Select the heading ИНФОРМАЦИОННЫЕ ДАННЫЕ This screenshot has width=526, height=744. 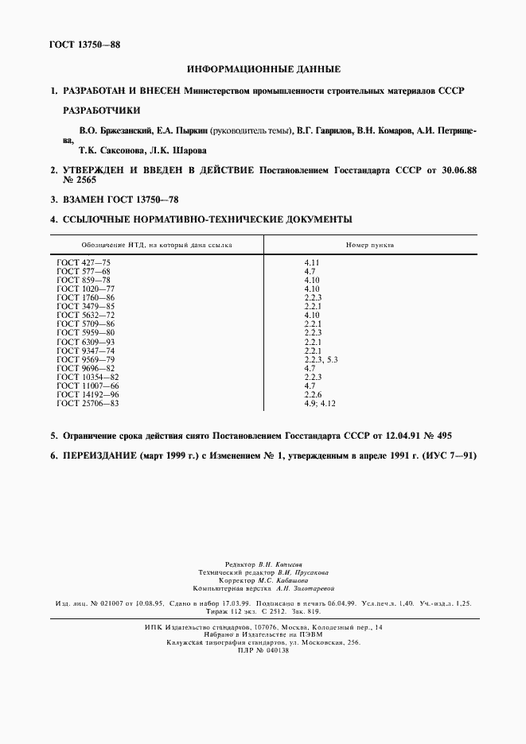coord(263,70)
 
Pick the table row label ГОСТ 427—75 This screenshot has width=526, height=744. coord(82,262)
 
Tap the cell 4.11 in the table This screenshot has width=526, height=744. coord(312,262)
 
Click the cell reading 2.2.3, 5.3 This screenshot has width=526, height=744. coord(321,359)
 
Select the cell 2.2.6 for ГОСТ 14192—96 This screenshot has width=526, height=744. coord(312,394)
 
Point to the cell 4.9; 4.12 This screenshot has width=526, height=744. coord(320,403)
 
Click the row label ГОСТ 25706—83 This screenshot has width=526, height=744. coord(88,403)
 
